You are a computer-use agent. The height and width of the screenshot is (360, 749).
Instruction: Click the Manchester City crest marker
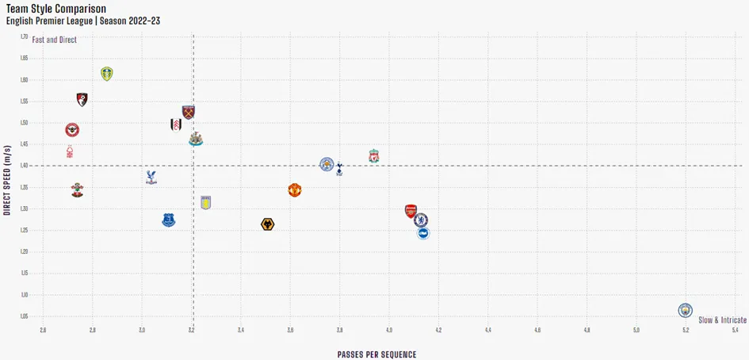686,309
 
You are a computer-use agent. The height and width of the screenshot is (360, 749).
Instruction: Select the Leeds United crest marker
107,74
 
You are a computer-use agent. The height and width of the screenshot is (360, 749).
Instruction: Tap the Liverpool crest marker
373,155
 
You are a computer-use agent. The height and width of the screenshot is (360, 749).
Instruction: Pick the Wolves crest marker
268,224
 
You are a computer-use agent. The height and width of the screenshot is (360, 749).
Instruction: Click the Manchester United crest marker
295,190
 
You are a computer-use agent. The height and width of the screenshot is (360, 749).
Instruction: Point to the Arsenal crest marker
411,211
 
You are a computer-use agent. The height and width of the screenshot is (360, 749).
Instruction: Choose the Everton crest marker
169,220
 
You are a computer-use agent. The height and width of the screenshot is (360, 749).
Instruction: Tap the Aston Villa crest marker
206,202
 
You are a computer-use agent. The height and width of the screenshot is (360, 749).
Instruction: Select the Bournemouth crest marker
82,99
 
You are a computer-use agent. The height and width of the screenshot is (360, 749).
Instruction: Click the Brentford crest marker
72,129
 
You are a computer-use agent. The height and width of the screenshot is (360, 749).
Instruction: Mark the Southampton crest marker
77,190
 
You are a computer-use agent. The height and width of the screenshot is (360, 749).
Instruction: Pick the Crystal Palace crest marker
151,177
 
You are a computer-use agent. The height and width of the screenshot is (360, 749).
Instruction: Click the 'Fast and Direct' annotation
54,40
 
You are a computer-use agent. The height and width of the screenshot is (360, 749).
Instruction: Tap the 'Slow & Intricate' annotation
722,320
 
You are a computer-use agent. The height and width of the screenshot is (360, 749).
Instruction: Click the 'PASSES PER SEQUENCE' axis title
376,354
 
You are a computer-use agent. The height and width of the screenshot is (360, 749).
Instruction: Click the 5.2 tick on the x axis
686,329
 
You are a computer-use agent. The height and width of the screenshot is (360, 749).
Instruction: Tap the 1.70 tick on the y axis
24,36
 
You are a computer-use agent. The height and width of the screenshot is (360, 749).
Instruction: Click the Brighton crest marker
423,233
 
